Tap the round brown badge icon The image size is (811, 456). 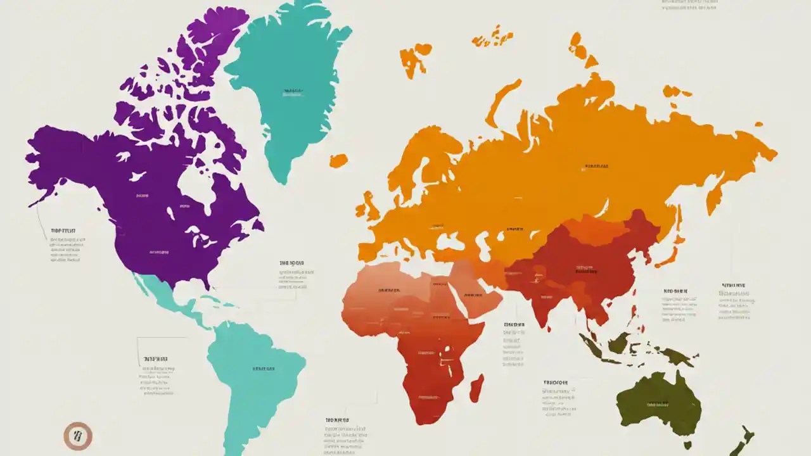(78, 436)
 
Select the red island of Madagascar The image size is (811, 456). (477, 387)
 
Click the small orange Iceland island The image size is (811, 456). (338, 160)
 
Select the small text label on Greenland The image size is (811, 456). (292, 91)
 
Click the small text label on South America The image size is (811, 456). (264, 369)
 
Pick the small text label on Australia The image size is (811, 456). (658, 403)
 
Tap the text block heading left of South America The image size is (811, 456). (155, 358)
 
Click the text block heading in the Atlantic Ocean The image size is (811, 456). (291, 262)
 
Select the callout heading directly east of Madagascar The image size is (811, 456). (514, 325)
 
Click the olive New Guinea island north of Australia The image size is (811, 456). (672, 355)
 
